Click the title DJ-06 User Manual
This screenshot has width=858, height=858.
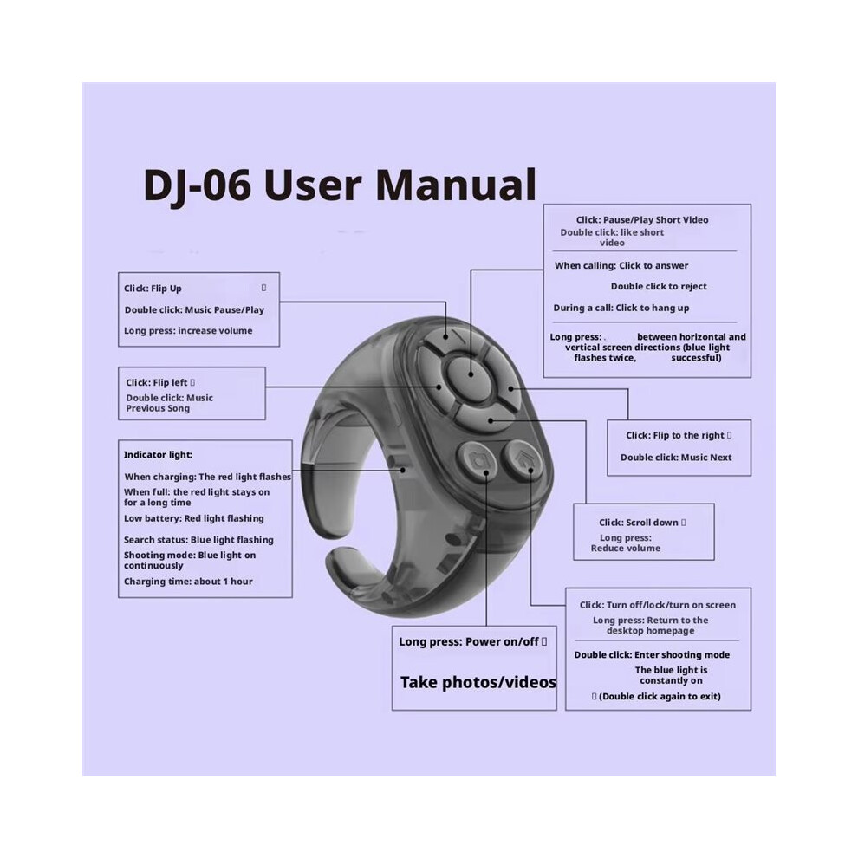click(x=340, y=185)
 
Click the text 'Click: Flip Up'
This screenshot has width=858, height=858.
click(x=153, y=289)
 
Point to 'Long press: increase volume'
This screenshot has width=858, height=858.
click(x=188, y=330)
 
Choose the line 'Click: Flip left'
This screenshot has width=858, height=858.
click(x=157, y=382)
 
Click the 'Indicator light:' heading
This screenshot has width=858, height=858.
click(x=158, y=455)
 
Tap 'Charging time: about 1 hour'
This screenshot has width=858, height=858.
click(x=188, y=582)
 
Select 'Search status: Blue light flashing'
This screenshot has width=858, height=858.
click(x=198, y=540)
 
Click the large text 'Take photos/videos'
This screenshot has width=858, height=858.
click(x=478, y=682)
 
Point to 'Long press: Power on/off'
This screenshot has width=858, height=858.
click(x=469, y=642)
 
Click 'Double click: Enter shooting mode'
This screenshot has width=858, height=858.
click(x=652, y=655)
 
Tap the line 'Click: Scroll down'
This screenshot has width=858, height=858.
click(x=639, y=523)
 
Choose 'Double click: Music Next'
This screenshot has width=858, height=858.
click(x=676, y=458)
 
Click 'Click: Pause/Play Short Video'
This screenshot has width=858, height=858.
click(x=642, y=220)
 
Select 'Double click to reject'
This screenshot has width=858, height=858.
click(x=659, y=286)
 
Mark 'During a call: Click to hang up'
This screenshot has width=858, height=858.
click(x=621, y=308)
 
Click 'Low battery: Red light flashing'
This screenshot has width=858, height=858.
click(x=194, y=518)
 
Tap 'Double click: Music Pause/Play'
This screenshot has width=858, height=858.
click(x=194, y=309)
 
